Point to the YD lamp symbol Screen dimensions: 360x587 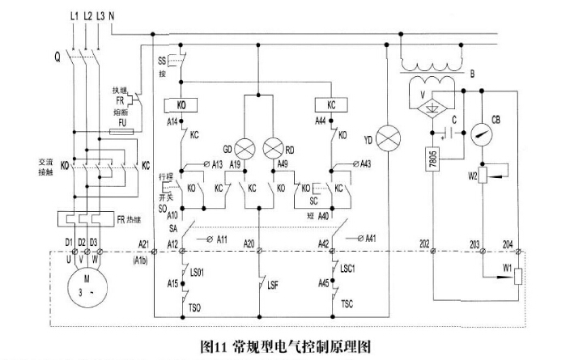tap(392, 140)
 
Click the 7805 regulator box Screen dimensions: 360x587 tap(430, 161)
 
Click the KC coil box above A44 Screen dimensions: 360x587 tap(330, 104)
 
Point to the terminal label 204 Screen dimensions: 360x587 tap(508, 243)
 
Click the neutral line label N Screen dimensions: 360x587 tap(110, 15)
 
